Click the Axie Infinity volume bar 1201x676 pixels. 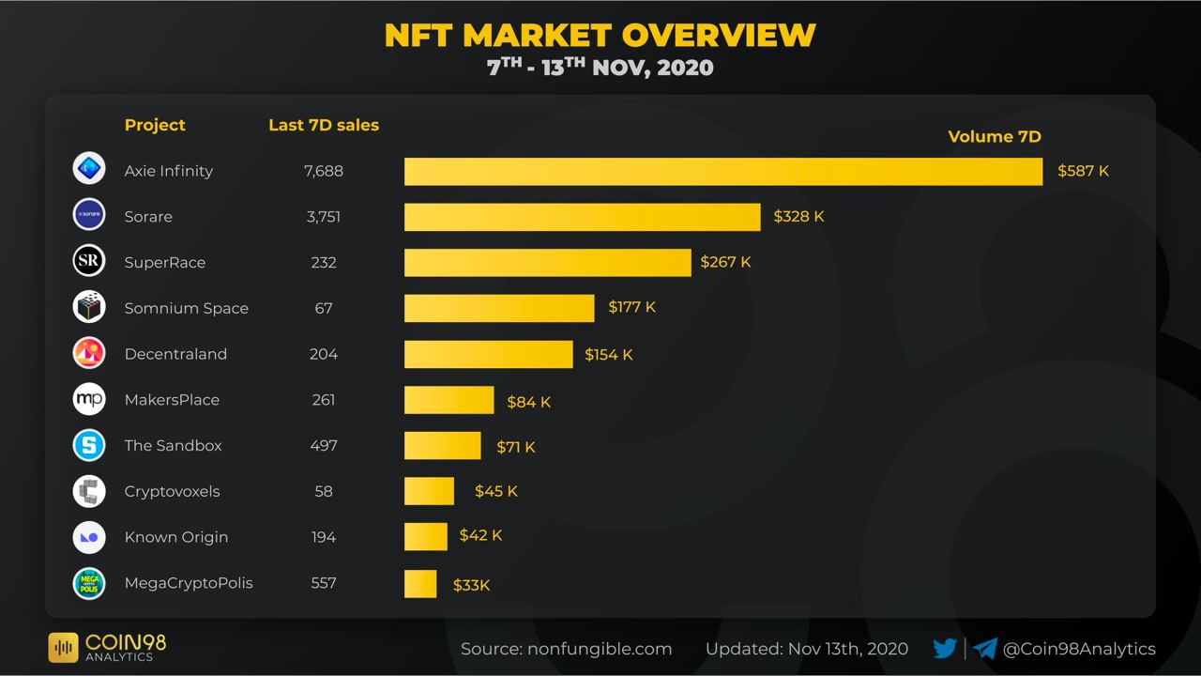pos(722,172)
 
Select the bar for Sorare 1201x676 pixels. pos(582,217)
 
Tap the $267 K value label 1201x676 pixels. pos(725,262)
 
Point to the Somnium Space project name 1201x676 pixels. pos(186,308)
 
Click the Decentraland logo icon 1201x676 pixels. pos(89,353)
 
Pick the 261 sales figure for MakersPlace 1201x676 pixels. pos(324,400)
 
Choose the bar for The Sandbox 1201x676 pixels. pos(442,446)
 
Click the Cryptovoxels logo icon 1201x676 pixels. pos(89,491)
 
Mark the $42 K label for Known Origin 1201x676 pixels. pos(480,535)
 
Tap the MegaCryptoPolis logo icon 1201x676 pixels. pos(89,583)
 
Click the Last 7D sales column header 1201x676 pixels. pos(324,125)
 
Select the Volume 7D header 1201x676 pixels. pos(995,137)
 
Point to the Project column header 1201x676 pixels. pos(155,125)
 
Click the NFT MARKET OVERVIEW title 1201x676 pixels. pos(600,35)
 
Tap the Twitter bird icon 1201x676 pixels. pos(945,648)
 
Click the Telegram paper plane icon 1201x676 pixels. pos(984,648)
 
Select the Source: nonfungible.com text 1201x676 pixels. pos(566,649)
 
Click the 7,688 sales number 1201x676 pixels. pos(324,171)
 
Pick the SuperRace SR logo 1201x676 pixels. pos(89,261)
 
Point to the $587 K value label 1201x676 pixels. pos(1083,171)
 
